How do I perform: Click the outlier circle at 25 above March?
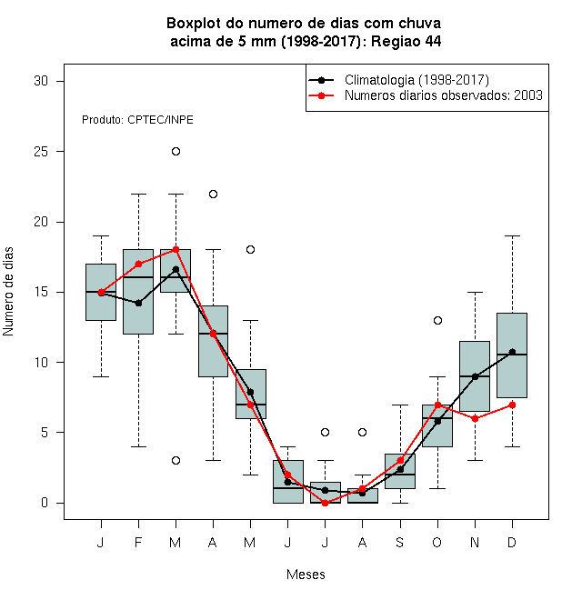click(176, 152)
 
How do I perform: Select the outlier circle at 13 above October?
click(437, 320)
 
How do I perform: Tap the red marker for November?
click(475, 418)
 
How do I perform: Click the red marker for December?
click(512, 405)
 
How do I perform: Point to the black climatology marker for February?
click(138, 303)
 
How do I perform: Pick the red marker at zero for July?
click(325, 503)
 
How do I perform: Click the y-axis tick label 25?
click(41, 152)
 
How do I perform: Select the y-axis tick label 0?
click(45, 503)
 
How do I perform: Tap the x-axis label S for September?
click(400, 542)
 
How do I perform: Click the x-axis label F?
click(138, 542)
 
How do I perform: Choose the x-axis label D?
click(512, 542)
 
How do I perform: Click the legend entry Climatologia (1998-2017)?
click(416, 80)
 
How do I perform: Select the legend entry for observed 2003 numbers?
click(444, 95)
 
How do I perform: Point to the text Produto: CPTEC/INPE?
click(137, 120)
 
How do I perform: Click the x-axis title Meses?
click(306, 575)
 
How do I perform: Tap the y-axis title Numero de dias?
click(8, 292)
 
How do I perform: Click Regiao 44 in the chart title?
click(406, 41)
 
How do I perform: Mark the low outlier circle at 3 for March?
click(176, 460)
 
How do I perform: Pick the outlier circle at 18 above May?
click(250, 249)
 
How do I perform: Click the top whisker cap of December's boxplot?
click(512, 236)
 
